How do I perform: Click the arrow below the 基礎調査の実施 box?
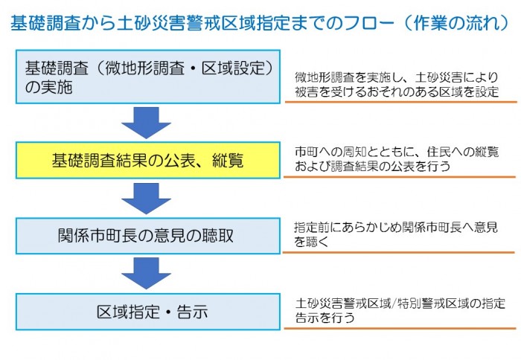146,122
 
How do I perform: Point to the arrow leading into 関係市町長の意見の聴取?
146,199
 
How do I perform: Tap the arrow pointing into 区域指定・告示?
146,274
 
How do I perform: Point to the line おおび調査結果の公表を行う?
372,167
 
